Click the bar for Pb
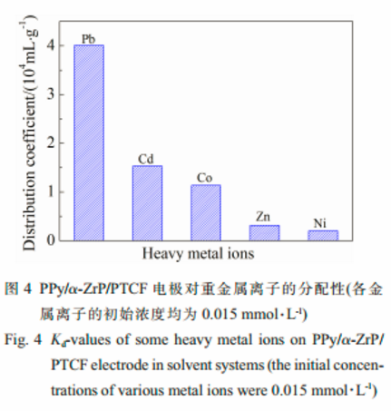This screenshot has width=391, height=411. pyautogui.click(x=89, y=142)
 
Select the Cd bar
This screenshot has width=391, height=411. pyautogui.click(x=147, y=203)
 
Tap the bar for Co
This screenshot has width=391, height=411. pyautogui.click(x=205, y=212)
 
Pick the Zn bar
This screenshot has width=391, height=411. pyautogui.click(x=264, y=232)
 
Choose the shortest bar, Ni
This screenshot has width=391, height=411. pyautogui.click(x=322, y=235)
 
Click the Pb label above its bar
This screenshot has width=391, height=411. pyautogui.click(x=89, y=38)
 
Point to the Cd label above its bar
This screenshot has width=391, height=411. pyautogui.click(x=145, y=159)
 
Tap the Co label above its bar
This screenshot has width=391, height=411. pyautogui.click(x=204, y=178)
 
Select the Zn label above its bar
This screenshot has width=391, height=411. pyautogui.click(x=263, y=217)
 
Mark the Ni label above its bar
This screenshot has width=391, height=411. pyautogui.click(x=321, y=223)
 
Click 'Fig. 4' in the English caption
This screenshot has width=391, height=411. pyautogui.click(x=21, y=343)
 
